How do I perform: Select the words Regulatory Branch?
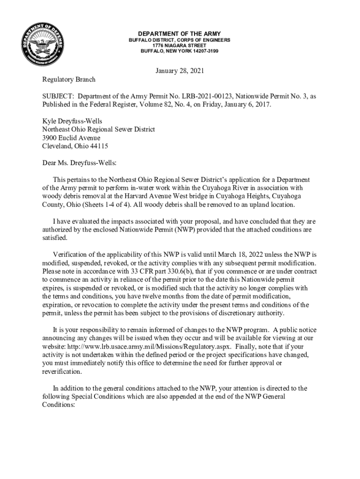[69, 80]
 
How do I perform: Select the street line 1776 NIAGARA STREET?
[180, 46]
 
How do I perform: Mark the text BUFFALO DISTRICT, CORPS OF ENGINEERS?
[180, 41]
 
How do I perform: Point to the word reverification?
[62, 372]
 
